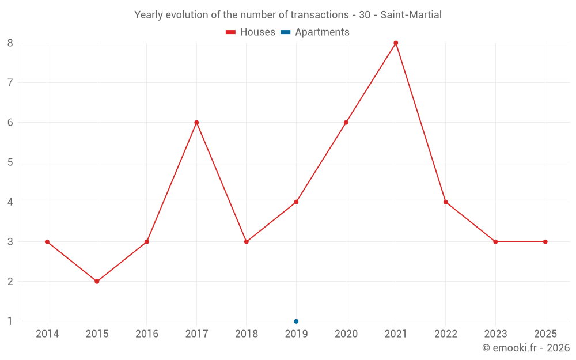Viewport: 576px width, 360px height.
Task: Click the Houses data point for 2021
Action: [x=396, y=43]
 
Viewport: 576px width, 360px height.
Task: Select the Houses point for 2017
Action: [x=196, y=123]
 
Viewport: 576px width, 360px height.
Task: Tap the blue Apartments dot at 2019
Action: [x=296, y=321]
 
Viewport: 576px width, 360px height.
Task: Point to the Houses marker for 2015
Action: [x=97, y=282]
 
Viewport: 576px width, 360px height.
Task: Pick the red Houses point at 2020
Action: [x=346, y=123]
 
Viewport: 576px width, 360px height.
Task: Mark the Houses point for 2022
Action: [x=446, y=202]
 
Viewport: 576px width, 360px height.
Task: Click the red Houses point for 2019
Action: [x=296, y=202]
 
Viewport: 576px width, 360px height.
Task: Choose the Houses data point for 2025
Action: [x=545, y=242]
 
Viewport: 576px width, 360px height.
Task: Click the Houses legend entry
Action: [x=251, y=32]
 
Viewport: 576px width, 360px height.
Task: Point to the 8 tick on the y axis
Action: [x=10, y=43]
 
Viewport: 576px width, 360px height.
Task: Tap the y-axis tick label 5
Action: [x=10, y=162]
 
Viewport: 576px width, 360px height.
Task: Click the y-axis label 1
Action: [x=10, y=321]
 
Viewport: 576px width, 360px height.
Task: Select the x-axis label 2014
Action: [x=47, y=334]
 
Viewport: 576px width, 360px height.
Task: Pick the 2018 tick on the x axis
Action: [x=247, y=334]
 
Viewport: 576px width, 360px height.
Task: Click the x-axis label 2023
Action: [x=495, y=334]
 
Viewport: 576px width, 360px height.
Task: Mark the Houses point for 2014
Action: [x=47, y=242]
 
